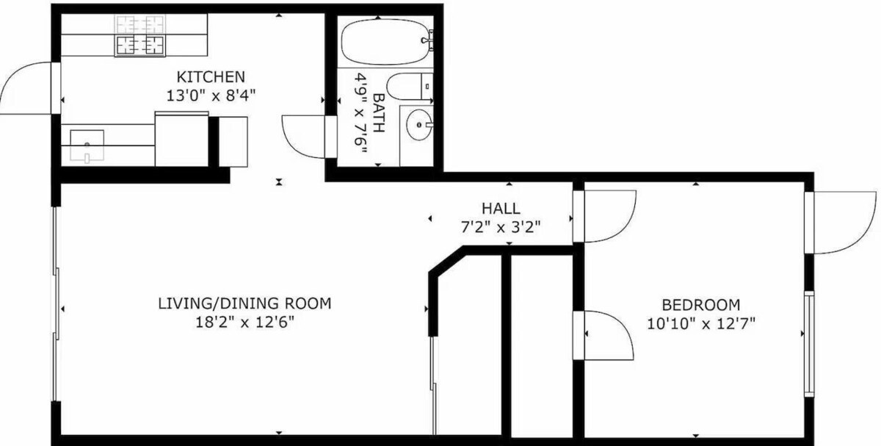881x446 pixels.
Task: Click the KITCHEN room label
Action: [211, 76]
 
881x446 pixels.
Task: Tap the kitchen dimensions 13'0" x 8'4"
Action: [211, 96]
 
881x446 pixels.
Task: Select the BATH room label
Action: [378, 112]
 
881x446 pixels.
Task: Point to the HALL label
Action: [501, 208]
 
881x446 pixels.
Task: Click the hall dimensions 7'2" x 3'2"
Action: [501, 227]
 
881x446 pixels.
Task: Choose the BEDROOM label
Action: [701, 305]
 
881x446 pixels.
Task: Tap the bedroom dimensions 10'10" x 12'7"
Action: [701, 324]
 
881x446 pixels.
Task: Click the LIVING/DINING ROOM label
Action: [244, 303]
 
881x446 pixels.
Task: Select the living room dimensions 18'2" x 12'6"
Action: [244, 323]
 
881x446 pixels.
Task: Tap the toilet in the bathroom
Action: [409, 86]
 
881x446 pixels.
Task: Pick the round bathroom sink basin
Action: [419, 125]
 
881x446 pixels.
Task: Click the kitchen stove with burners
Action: [140, 36]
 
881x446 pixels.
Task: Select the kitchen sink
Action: [87, 145]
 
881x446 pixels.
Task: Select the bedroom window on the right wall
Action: [808, 344]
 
